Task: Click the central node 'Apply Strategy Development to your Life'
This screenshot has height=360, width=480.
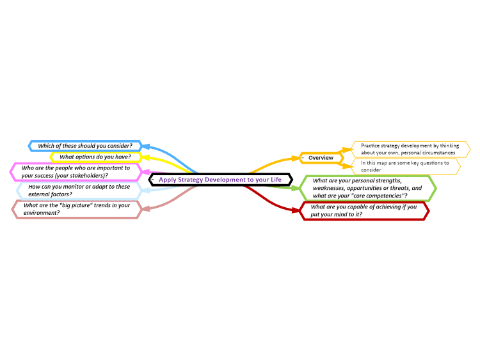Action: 220,180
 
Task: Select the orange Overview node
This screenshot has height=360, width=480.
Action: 321,158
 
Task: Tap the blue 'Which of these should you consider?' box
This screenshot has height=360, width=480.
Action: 85,146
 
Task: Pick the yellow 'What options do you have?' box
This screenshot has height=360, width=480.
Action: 95,157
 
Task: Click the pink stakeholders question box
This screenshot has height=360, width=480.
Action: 76,172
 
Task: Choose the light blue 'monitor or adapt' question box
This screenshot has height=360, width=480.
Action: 79,191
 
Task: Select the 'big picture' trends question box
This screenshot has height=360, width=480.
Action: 77,209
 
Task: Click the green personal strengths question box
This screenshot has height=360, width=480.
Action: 367,188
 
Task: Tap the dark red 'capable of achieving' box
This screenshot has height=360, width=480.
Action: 364,211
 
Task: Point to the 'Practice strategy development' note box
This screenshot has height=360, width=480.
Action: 411,149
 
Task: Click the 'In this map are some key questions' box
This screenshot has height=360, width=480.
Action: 406,166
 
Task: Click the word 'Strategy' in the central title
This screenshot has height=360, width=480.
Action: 191,180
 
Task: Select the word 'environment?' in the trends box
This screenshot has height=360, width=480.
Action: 42,213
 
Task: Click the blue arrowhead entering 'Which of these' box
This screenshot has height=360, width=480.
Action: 146,146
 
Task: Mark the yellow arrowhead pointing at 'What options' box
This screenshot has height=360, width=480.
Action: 145,157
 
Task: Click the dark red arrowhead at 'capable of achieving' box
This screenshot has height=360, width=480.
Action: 296,210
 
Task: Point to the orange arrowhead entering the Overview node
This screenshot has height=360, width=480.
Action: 296,158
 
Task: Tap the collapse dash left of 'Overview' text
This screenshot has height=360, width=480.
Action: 303,158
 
